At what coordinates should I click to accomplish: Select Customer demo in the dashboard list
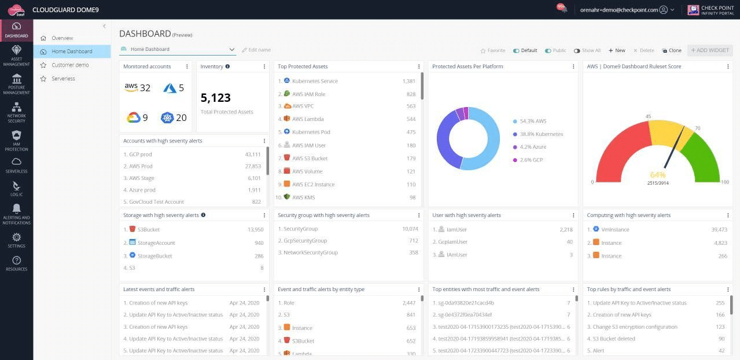[70, 65]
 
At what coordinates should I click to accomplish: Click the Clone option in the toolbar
[672, 50]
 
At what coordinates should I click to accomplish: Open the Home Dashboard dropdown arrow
[232, 50]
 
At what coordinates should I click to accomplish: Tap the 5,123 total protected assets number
[216, 98]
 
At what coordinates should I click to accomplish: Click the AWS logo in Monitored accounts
[131, 87]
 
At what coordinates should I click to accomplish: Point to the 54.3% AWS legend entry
[532, 122]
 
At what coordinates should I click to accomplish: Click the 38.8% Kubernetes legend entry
[541, 134]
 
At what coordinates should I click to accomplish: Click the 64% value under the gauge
[658, 174]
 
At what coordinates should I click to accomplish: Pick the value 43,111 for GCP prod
[253, 155]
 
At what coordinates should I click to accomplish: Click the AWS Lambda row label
[308, 119]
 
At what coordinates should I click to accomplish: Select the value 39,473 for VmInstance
[719, 230]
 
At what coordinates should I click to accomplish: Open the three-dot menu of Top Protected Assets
[419, 67]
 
